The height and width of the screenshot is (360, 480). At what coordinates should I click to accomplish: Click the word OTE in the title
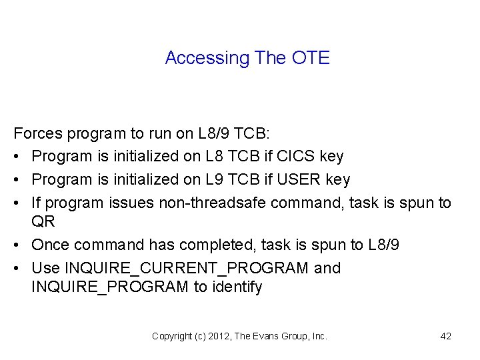(311, 58)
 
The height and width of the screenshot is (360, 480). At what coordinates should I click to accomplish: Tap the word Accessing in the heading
(207, 58)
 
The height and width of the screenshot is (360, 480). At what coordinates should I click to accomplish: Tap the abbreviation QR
(43, 221)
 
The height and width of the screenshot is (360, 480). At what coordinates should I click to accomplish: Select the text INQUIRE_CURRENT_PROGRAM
(186, 268)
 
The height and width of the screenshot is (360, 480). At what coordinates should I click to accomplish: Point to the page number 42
(446, 336)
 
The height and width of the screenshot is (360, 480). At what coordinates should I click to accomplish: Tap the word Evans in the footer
(266, 336)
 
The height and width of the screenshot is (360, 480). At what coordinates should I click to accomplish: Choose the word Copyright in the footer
(171, 336)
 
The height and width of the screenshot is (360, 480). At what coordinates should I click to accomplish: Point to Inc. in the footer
(319, 336)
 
